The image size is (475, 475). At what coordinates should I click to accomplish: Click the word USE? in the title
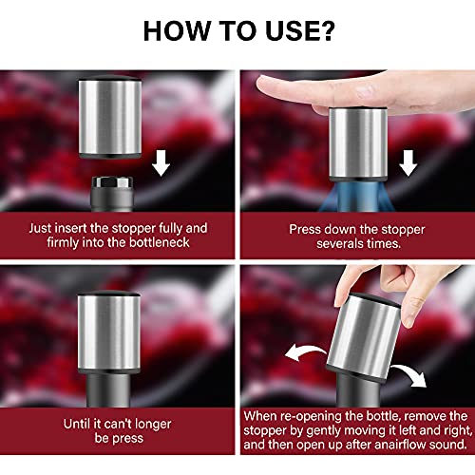tap(299, 30)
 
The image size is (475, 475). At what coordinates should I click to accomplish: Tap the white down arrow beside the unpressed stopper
tap(161, 163)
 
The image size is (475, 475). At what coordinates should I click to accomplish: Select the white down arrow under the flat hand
tap(408, 163)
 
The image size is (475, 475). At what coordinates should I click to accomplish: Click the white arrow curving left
tap(305, 351)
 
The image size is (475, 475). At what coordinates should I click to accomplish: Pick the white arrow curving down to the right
tap(411, 373)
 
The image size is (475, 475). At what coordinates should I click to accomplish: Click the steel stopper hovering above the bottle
tap(110, 117)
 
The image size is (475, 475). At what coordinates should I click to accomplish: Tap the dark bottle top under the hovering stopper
tap(112, 194)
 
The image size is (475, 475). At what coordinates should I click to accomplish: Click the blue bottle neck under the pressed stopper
tap(357, 197)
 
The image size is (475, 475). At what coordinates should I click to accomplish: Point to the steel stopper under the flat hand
tap(358, 144)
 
